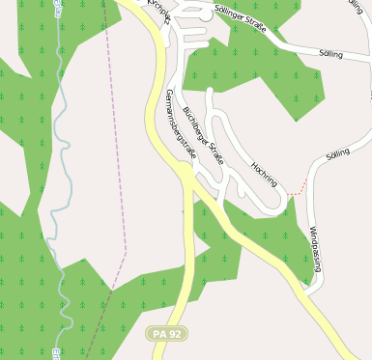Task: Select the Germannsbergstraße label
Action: (x=181, y=124)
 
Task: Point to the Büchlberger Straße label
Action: (x=203, y=135)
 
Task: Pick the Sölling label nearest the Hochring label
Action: (x=337, y=153)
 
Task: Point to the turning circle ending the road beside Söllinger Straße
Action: (x=205, y=15)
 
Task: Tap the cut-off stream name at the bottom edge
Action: (x=57, y=353)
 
